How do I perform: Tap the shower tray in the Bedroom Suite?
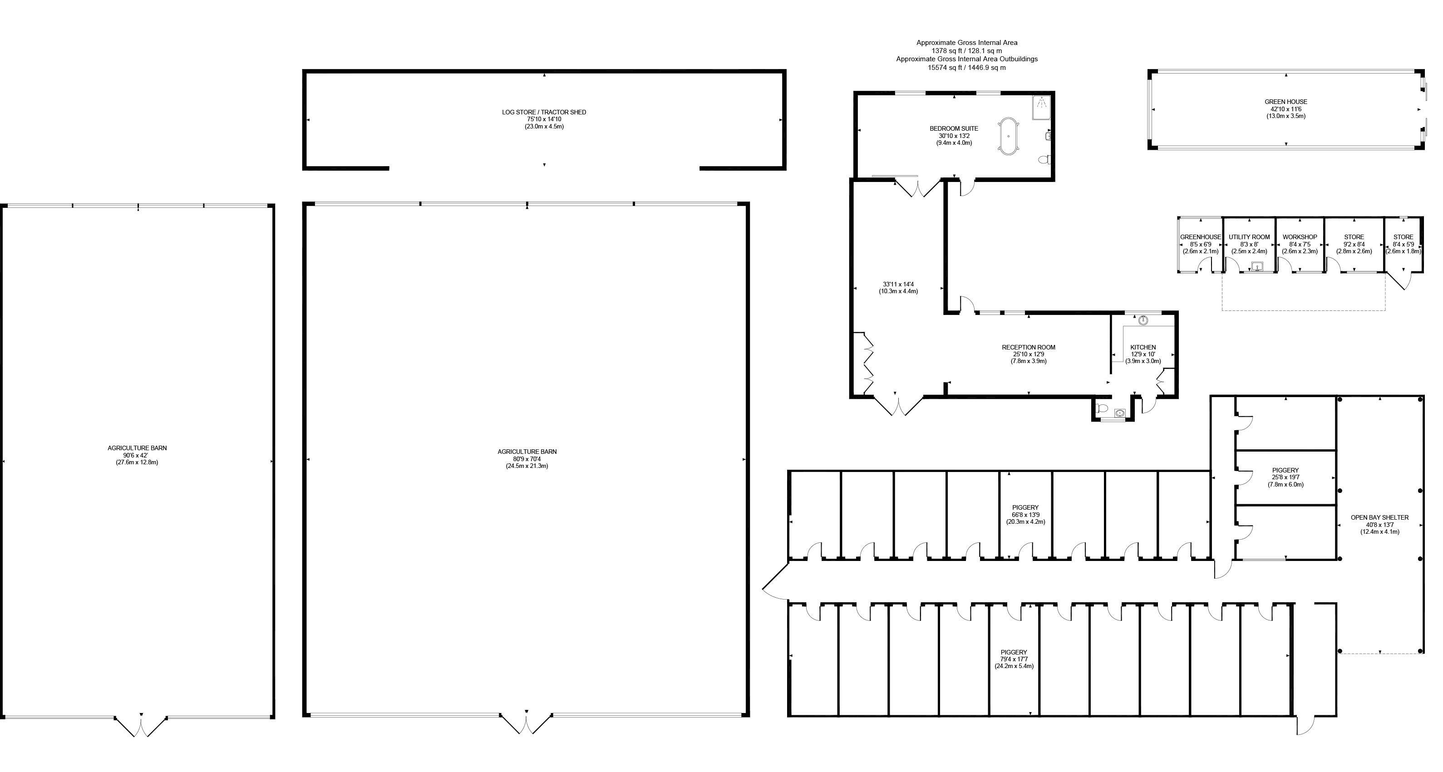[x=1042, y=108]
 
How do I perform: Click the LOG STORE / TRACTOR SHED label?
[x=543, y=113]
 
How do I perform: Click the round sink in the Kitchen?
[x=1143, y=321]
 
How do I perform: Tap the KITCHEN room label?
[x=1143, y=347]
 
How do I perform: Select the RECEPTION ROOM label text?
[x=1029, y=347]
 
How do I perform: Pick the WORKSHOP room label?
[x=1300, y=237]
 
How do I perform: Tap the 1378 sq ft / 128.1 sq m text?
[x=966, y=51]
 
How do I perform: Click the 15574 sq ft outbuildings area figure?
[x=966, y=68]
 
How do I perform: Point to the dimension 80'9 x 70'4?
[x=527, y=459]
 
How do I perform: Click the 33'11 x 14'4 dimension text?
[x=898, y=284]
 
